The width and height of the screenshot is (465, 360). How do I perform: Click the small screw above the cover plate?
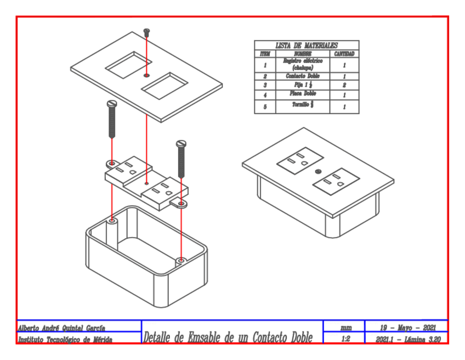point(146,32)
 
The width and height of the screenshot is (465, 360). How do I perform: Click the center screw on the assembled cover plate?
point(317,172)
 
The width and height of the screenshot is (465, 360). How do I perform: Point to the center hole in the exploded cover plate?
point(146,74)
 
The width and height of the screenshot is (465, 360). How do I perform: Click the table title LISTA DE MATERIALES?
point(307,46)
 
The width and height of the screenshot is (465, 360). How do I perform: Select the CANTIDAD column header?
point(344,54)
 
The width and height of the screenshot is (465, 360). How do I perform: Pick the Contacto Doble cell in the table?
point(303,76)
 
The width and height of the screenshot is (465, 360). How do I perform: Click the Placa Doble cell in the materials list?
point(303,94)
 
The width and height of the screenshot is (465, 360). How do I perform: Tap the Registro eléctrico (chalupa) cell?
point(303,64)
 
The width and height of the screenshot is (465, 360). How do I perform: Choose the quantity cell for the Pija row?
point(344,86)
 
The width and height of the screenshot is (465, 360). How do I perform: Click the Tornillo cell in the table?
point(303,106)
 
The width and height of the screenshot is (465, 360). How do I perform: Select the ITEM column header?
point(265,54)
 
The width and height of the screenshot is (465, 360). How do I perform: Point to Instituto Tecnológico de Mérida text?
point(65,340)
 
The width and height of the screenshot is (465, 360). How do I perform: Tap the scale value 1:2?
point(345,339)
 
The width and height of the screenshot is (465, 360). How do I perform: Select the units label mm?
point(345,328)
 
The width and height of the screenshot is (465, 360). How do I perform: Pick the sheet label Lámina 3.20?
point(422,339)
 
